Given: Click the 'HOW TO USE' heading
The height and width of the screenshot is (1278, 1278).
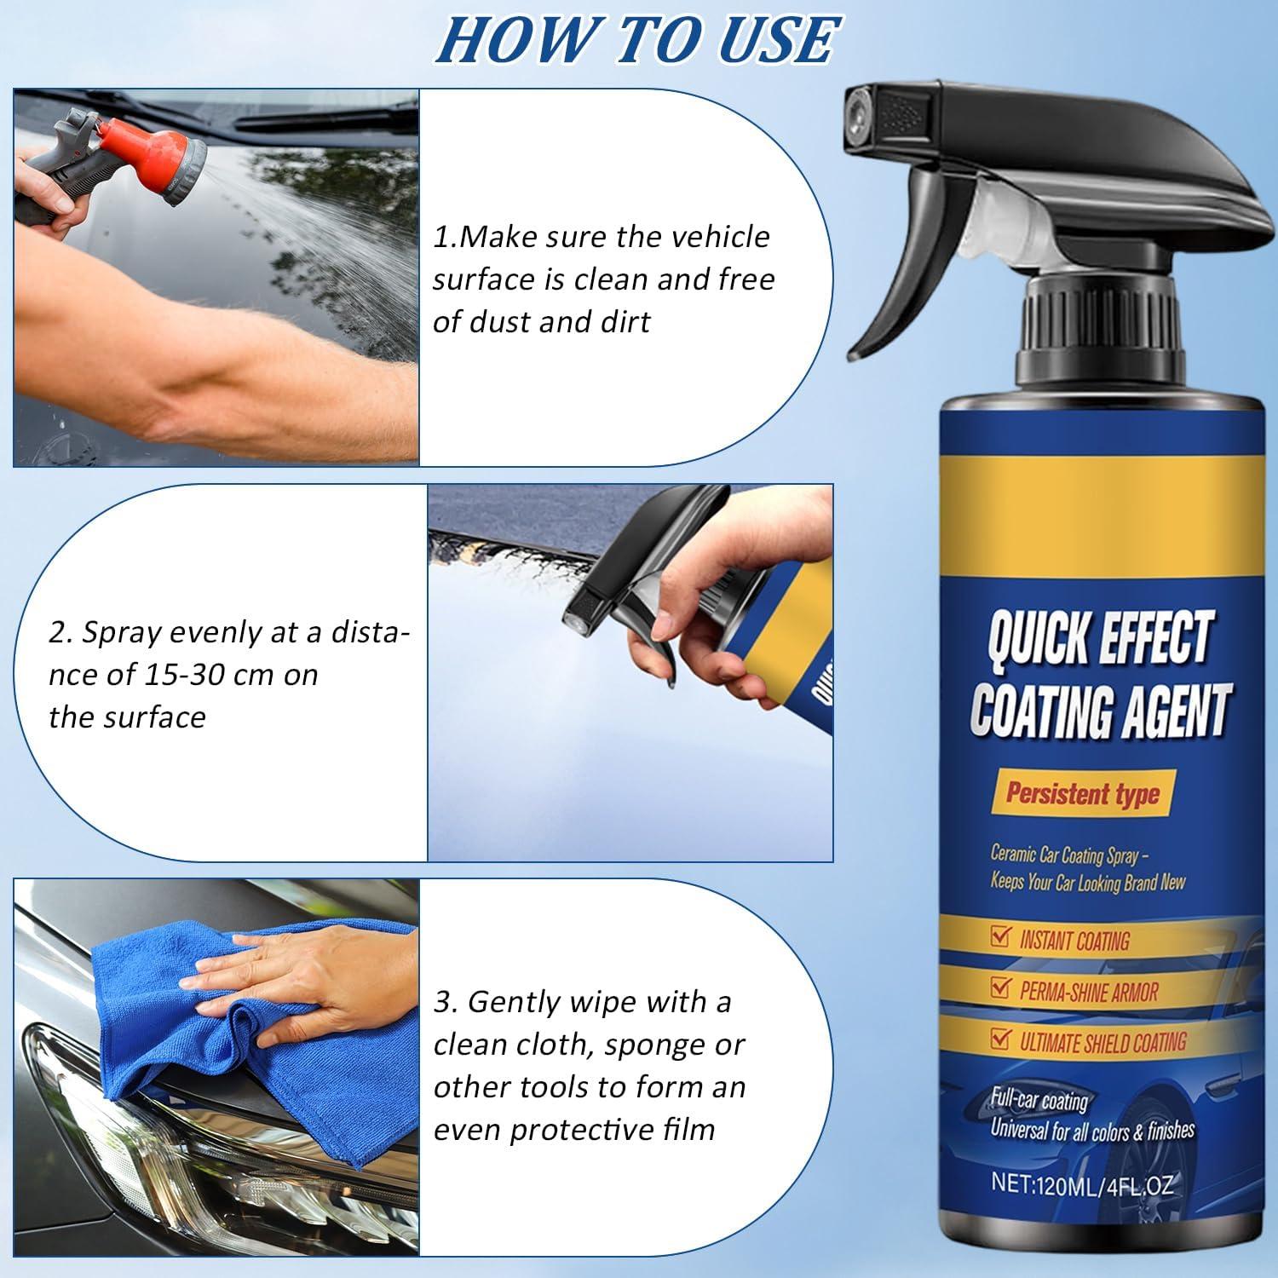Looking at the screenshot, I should pos(637,39).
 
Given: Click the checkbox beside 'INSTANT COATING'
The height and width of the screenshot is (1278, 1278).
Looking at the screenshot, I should pos(1000,939).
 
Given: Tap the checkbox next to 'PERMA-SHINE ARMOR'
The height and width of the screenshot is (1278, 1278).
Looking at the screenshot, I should pos(1000,988).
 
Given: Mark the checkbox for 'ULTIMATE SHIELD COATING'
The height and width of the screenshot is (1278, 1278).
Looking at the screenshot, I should pos(1000,1039).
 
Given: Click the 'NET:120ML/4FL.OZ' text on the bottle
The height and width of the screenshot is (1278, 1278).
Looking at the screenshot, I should pos(1081,1183).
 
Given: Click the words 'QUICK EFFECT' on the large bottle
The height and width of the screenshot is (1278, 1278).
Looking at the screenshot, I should pos(1099,639).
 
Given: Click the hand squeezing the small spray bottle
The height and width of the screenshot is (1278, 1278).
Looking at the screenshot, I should pos(682,605).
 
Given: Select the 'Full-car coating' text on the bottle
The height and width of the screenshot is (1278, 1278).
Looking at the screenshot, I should pos(1039,1100).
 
